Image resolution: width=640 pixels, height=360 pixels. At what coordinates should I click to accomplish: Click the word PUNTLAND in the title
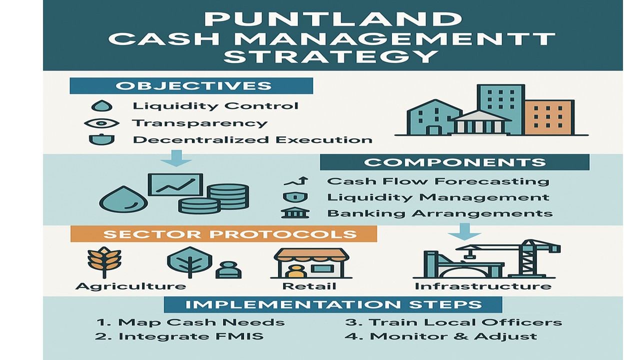332,19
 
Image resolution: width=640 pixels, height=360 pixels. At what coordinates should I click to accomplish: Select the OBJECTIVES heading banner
191,85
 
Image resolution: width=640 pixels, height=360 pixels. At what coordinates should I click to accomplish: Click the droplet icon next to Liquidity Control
103,106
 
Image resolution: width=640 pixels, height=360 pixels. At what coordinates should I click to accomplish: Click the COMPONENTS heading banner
454,162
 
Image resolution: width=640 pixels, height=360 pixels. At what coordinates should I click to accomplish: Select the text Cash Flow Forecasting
437,181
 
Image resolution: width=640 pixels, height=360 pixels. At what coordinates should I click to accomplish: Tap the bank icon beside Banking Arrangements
295,213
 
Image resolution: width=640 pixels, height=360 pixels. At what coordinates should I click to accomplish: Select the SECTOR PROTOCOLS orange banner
223,234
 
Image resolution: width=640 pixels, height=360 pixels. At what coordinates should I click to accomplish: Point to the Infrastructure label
482,286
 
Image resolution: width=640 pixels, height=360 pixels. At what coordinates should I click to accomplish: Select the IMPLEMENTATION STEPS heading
333,304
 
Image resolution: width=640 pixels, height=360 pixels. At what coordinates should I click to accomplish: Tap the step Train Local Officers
453,322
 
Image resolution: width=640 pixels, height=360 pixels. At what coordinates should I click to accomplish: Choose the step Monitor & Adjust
440,336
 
